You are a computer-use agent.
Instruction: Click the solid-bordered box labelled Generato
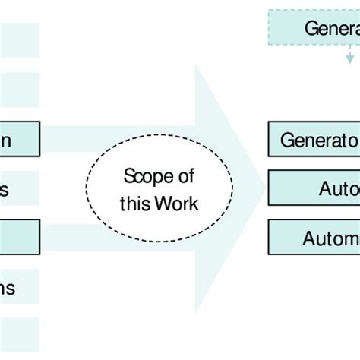coord(314,140)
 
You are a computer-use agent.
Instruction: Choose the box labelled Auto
coord(314,188)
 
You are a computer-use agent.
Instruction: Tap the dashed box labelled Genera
coord(314,28)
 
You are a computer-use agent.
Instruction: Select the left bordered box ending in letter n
coord(19,140)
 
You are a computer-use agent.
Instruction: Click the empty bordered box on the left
coord(19,237)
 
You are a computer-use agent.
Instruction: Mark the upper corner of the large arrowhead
coord(197,65)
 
